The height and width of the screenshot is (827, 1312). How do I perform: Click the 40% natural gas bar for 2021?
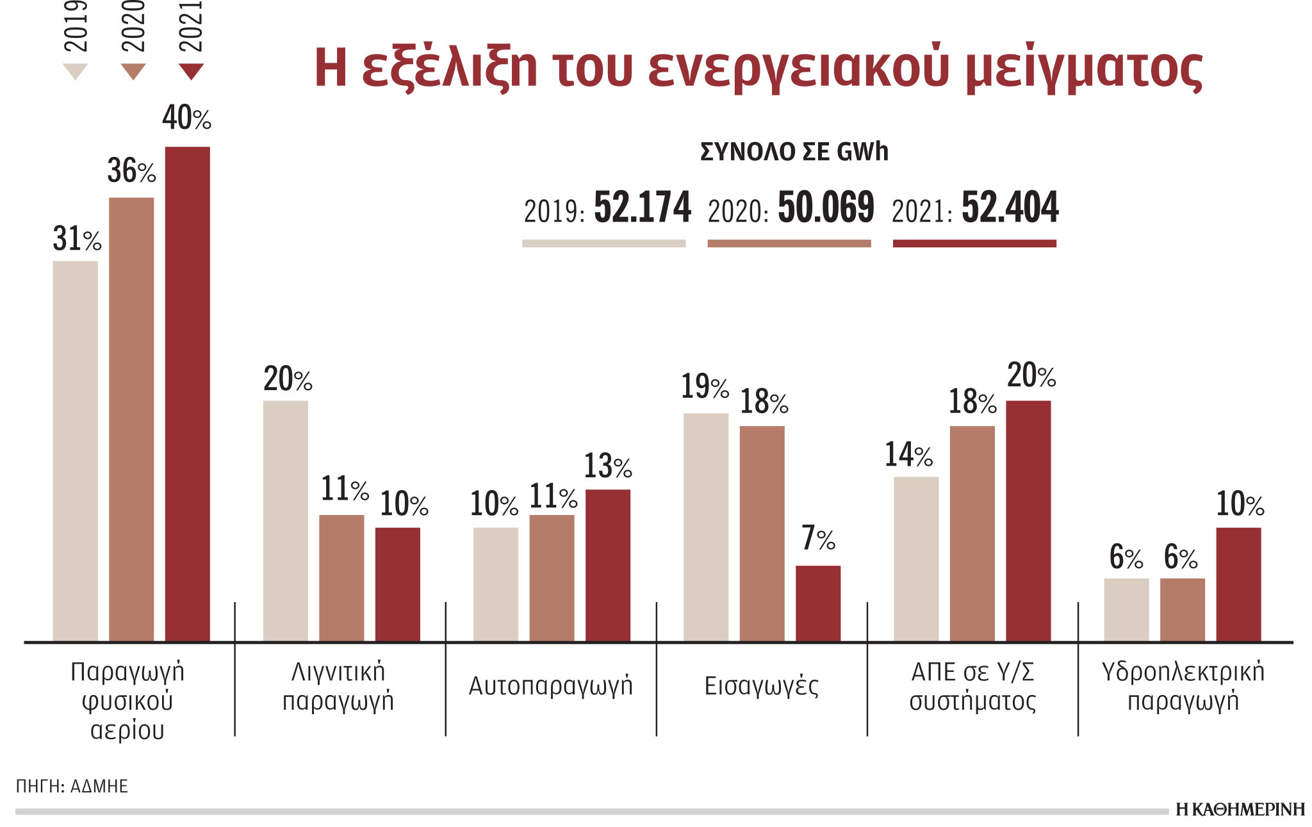coord(187,394)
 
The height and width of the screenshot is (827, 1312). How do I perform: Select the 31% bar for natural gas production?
coord(75,451)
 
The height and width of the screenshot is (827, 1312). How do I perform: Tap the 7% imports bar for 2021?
coord(818,603)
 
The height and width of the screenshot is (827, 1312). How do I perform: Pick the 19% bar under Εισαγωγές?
coord(705,527)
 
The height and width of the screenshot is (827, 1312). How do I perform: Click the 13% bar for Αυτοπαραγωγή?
coord(607,565)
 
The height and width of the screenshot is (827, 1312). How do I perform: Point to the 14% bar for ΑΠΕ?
coord(915,559)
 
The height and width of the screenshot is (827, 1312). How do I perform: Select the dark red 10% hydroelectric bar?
coord(1238,584)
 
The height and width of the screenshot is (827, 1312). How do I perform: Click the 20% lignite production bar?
coord(285,520)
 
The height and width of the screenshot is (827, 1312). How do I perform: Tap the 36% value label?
coord(131,171)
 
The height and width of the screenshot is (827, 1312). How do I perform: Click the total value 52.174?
coord(643,208)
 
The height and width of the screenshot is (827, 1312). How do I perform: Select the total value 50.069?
coord(826,208)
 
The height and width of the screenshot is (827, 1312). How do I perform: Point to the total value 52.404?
coord(1010,208)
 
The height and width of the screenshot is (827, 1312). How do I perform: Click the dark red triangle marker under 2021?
coord(191,70)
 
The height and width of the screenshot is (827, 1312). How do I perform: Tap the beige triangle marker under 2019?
coord(75,70)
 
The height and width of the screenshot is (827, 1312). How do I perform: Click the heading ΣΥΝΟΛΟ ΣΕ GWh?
coord(794,152)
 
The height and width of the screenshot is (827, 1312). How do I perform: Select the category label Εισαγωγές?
coord(761,686)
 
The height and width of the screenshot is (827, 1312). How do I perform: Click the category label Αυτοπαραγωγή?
coord(550,686)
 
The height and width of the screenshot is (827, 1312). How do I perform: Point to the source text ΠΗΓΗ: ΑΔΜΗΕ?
coord(72,786)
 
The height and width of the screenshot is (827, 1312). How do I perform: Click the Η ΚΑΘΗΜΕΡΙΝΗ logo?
coord(1240,810)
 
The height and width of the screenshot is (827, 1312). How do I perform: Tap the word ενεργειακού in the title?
coord(798,69)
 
